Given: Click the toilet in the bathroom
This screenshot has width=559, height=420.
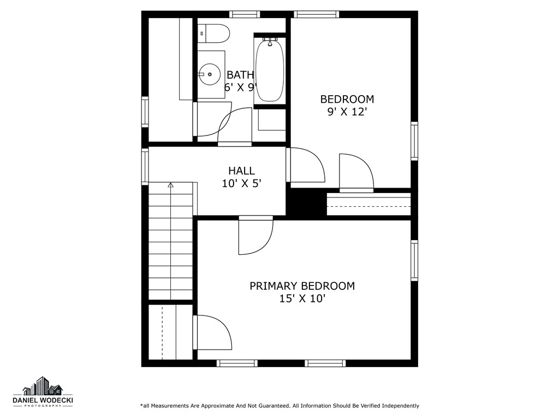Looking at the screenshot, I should coord(214,33).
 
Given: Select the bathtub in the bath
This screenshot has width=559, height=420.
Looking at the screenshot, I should coord(269,69).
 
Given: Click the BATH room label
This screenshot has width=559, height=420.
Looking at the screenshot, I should coord(240,75).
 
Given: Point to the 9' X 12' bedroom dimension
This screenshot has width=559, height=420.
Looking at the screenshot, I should coord(347,112).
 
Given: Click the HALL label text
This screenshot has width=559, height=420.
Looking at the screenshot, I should coord(241,171).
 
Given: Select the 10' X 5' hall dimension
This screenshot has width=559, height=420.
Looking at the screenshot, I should coord(241,184).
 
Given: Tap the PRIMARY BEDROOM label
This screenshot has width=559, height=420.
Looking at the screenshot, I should coord(302,286).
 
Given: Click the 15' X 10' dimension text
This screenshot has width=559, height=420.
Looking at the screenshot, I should coord(302,299).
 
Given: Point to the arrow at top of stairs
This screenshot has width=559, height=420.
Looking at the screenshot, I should coord(170,185).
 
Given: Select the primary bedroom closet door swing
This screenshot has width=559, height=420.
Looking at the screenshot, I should coord(213,332).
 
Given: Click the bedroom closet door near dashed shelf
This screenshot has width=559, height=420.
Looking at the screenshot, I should coord(356,172).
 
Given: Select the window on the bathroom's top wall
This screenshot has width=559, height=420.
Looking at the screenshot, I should coord(244,14).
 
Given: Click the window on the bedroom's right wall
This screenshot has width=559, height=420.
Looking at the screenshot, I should coord(414,142).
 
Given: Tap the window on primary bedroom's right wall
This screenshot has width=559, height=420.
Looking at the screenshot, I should coord(414,260).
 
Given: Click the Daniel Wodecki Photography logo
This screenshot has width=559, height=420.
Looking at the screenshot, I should coord(43,392).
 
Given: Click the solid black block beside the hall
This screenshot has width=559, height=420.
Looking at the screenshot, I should coord(306,203).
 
